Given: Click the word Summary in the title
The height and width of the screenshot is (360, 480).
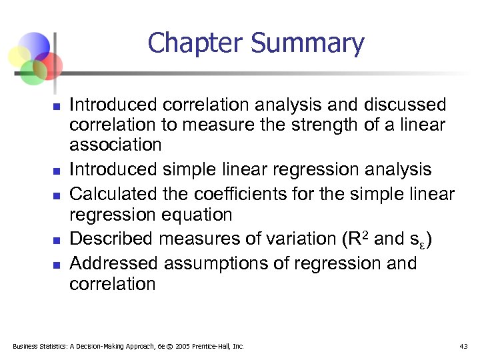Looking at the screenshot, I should tap(307, 45).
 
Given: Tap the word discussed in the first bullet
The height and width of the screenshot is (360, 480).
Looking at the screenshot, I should tap(405, 105).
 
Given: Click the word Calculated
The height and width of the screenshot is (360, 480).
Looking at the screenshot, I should tap(113, 194).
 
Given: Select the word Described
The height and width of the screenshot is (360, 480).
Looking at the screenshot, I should tap(111, 239).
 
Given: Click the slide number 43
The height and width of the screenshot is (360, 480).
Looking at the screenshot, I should tap(463, 346).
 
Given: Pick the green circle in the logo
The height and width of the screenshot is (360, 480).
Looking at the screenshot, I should tap(33, 71).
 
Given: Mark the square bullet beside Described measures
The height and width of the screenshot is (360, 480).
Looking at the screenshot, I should tap(57, 239).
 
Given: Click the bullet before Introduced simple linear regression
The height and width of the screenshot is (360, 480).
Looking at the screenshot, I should tap(57, 170).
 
